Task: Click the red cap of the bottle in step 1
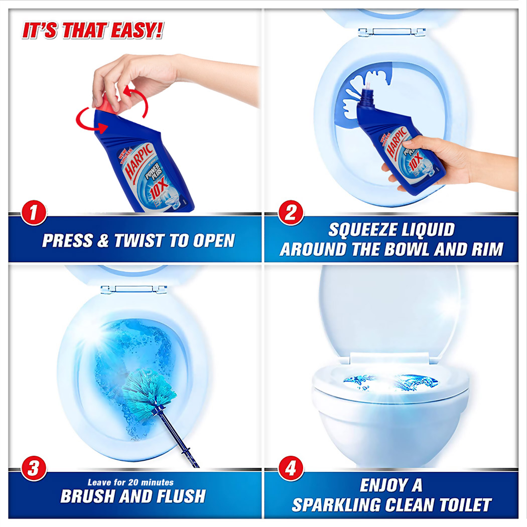104,103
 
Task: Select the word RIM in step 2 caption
484,249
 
